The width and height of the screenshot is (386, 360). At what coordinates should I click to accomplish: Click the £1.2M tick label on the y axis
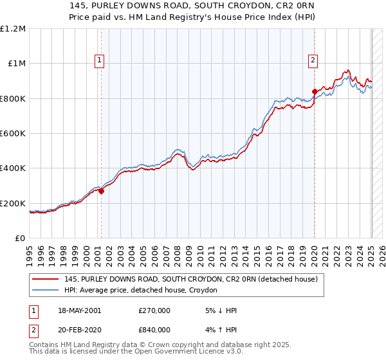click(x=13, y=28)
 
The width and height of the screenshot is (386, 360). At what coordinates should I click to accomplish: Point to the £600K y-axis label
click(x=13, y=133)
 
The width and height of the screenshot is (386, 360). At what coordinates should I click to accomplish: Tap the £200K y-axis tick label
click(x=13, y=203)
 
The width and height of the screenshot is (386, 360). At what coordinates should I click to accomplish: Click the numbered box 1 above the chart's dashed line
click(x=100, y=61)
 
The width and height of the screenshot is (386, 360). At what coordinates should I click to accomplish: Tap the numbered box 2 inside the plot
click(x=313, y=61)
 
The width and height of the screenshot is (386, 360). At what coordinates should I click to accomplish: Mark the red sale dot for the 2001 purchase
click(x=101, y=191)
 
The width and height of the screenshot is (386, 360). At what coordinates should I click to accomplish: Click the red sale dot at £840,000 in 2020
click(x=315, y=91)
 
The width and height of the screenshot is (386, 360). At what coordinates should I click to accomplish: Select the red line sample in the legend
click(x=46, y=280)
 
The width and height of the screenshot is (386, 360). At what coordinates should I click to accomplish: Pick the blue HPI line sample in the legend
click(x=46, y=291)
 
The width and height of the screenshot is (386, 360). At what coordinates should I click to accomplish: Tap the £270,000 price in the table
click(x=155, y=310)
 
